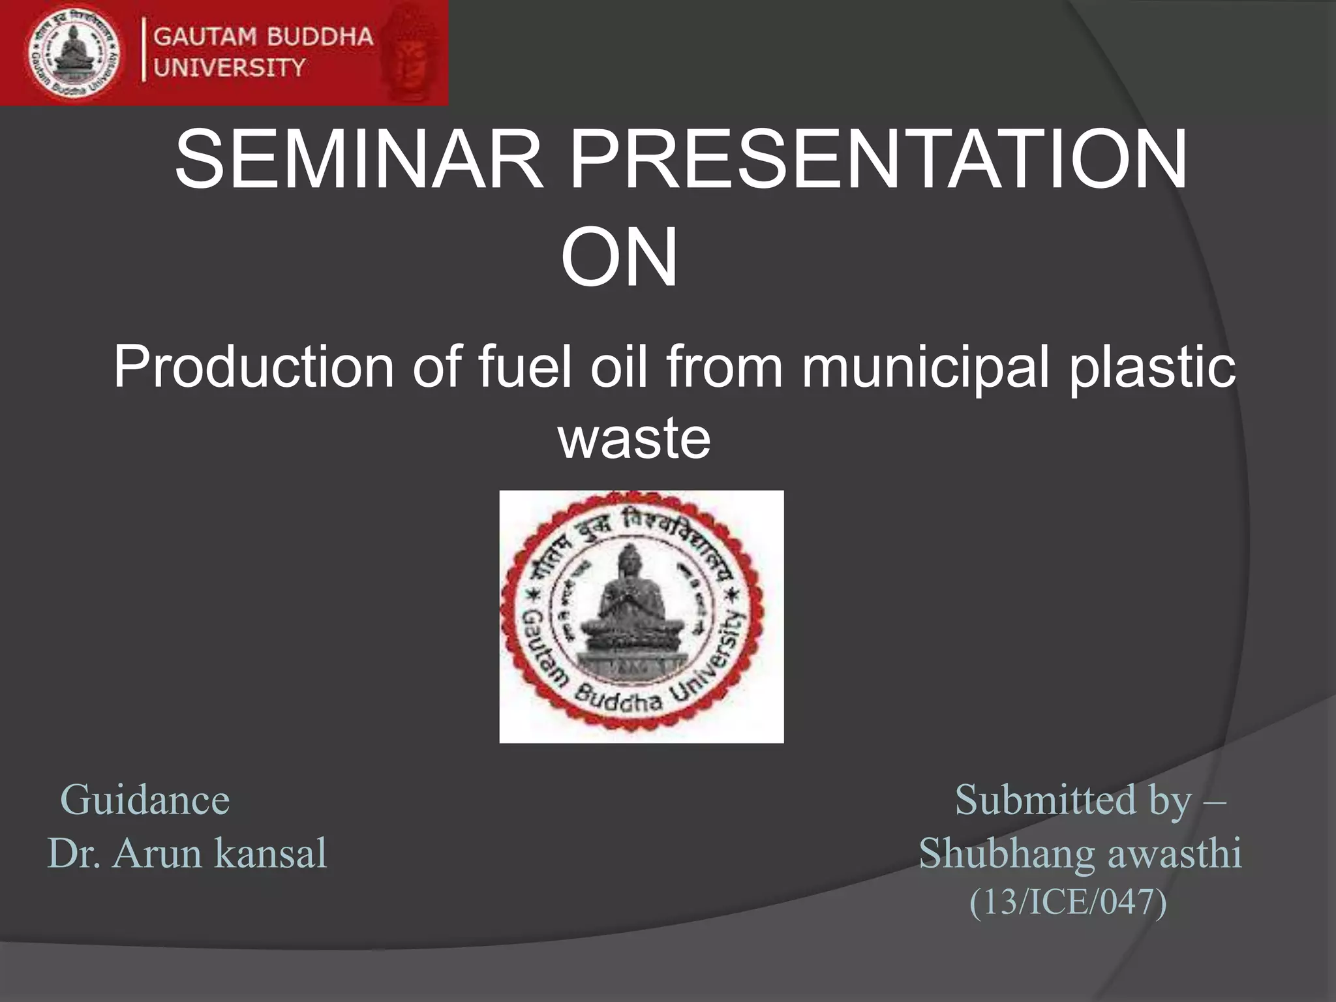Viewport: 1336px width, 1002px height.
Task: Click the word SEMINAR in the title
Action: (359, 160)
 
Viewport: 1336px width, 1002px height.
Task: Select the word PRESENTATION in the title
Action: (878, 160)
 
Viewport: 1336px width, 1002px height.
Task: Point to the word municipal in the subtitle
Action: (926, 367)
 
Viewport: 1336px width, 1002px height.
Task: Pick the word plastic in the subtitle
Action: (1151, 367)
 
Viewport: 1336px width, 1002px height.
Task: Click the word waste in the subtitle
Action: (634, 438)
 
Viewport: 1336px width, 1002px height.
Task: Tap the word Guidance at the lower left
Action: (145, 800)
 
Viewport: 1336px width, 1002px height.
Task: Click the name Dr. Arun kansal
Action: (187, 853)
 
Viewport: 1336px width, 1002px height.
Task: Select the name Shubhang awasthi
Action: (1080, 853)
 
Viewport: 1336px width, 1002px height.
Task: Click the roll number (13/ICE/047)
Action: (1068, 902)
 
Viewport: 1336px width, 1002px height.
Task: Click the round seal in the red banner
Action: (74, 53)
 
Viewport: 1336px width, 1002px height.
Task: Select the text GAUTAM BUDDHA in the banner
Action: (263, 37)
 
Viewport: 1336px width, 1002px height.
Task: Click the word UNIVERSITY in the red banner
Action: (230, 67)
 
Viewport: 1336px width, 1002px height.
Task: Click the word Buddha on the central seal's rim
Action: (618, 702)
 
